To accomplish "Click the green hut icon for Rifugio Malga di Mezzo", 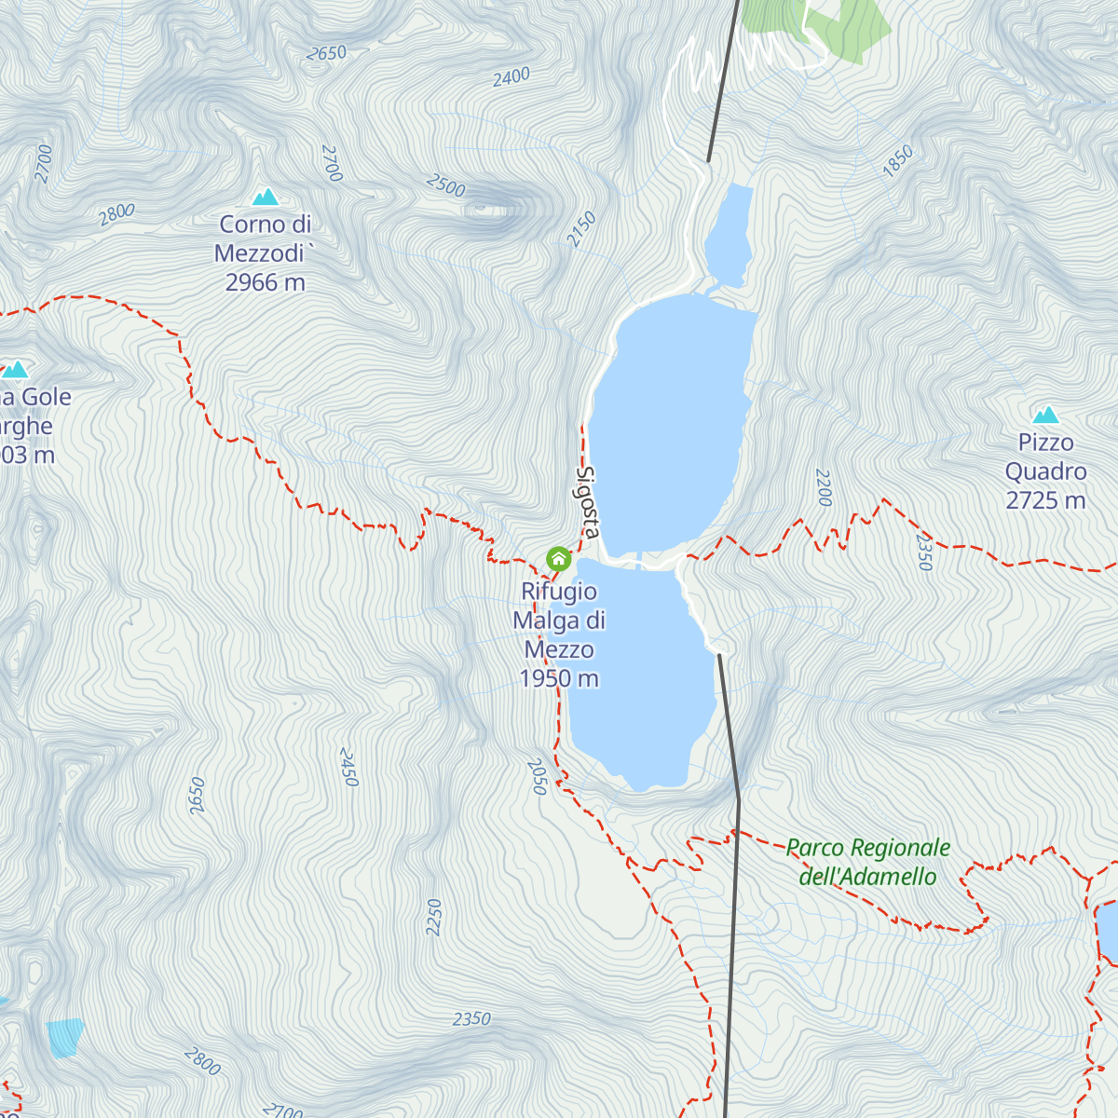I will click(x=558, y=559).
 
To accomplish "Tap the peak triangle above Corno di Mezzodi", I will click(x=266, y=197).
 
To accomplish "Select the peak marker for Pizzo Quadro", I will click(x=1045, y=415).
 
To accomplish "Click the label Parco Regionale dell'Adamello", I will click(x=867, y=862).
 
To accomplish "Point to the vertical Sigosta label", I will click(x=587, y=501).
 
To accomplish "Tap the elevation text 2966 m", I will click(x=265, y=282).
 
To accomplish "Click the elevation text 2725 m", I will click(x=1045, y=500).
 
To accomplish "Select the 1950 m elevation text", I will click(x=559, y=678).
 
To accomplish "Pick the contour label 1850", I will click(x=897, y=161).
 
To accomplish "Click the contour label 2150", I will click(x=581, y=229).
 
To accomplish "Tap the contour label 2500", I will click(x=445, y=184).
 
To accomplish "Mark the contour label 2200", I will click(x=823, y=488).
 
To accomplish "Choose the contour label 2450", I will click(x=348, y=767).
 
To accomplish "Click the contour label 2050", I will click(x=537, y=777).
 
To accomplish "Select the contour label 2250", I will click(x=433, y=917).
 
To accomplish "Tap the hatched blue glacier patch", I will click(x=65, y=1036).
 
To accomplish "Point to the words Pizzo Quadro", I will click(x=1045, y=457).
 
